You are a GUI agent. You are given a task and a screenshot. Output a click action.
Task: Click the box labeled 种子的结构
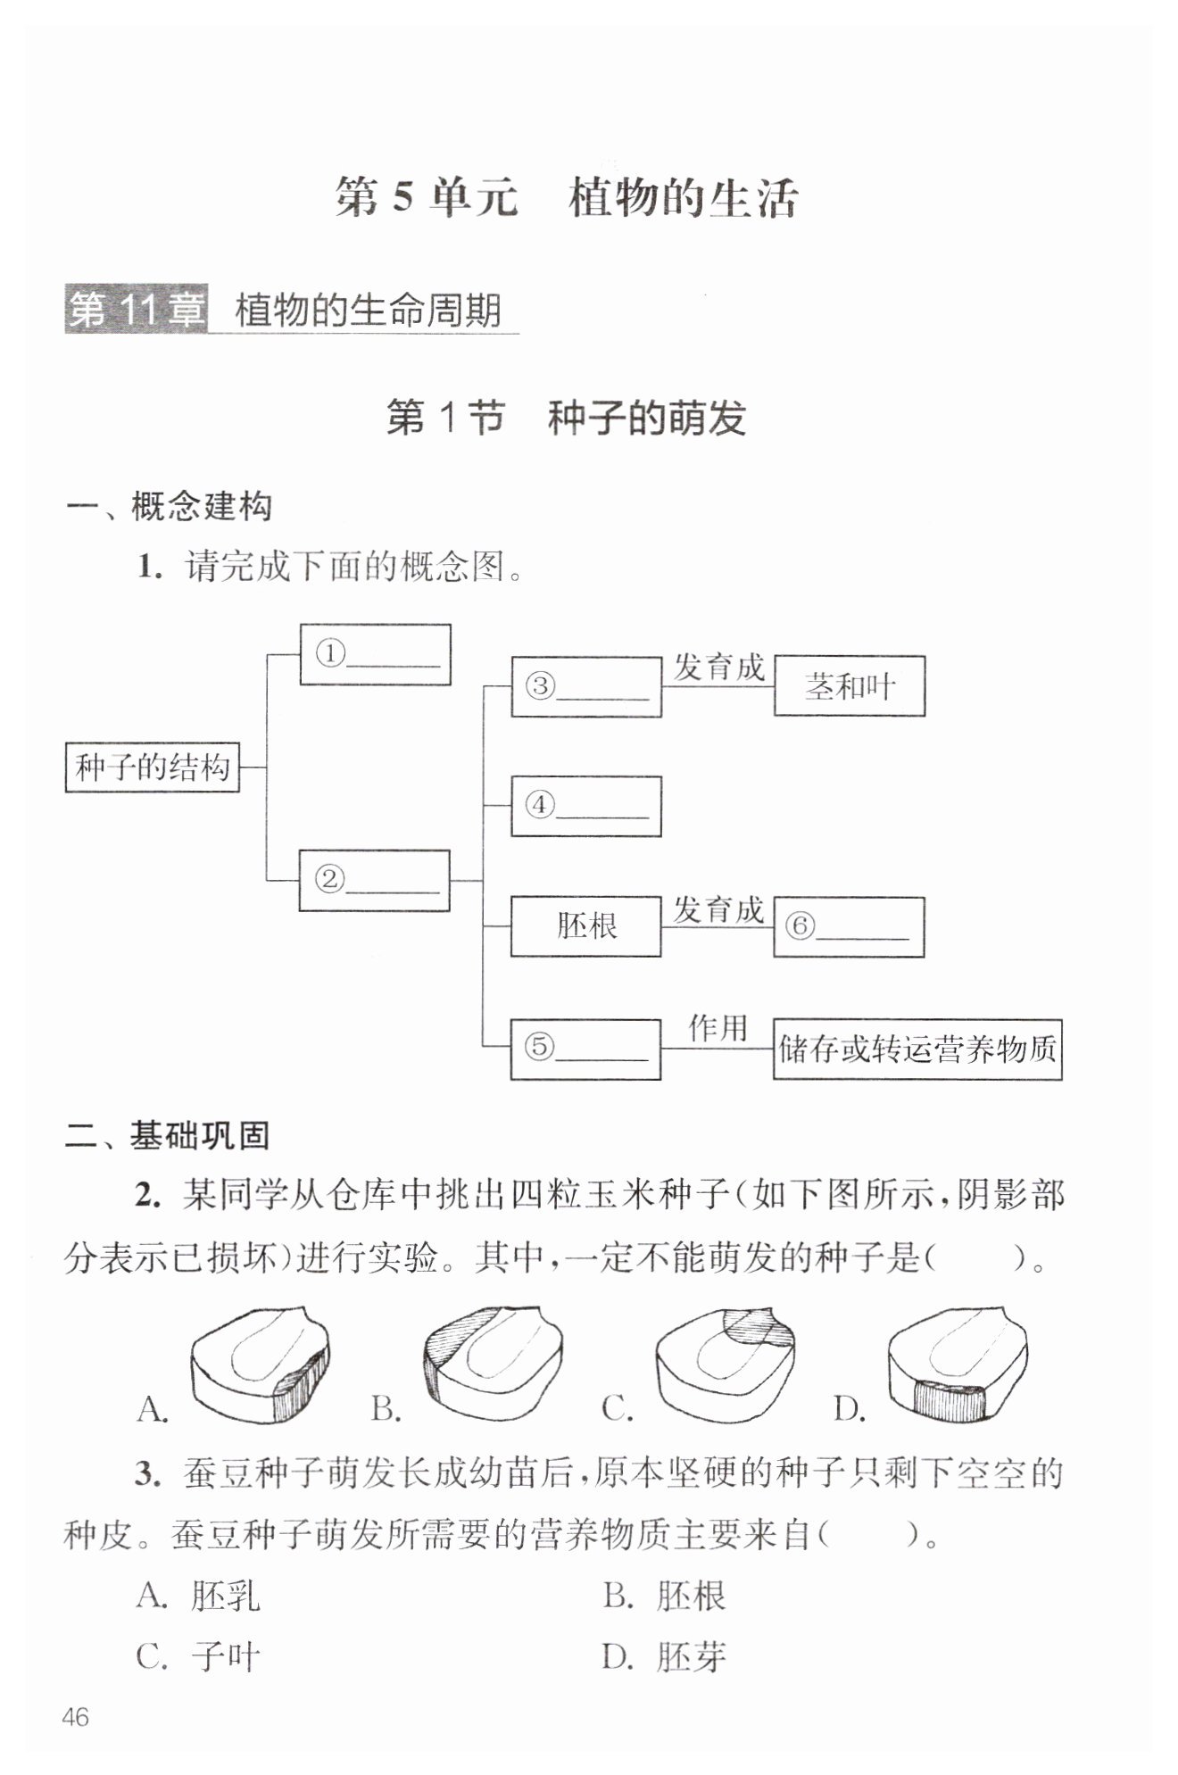[x=153, y=767]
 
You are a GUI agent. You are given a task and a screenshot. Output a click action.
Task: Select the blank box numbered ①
[x=375, y=654]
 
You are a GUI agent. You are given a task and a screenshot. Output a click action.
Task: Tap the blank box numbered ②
[x=374, y=880]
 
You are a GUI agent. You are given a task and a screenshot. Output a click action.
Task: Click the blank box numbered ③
[x=586, y=686]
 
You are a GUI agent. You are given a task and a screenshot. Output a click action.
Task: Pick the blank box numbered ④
[x=586, y=806]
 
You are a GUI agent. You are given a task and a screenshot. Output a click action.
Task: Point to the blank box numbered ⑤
[x=585, y=1049]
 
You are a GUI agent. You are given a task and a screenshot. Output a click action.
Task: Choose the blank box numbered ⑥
[x=849, y=927]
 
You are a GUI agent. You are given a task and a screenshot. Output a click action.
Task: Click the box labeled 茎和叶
[x=850, y=685]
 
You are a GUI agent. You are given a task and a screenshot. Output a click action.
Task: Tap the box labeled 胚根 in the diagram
[x=586, y=926]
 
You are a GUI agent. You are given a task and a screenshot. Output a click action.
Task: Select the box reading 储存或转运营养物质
[x=917, y=1049]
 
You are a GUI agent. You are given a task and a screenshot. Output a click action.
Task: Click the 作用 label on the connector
[x=718, y=1027]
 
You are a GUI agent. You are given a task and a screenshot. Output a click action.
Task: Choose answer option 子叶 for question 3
[x=198, y=1657]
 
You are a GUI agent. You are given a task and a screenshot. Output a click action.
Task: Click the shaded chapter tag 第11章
[x=136, y=311]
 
